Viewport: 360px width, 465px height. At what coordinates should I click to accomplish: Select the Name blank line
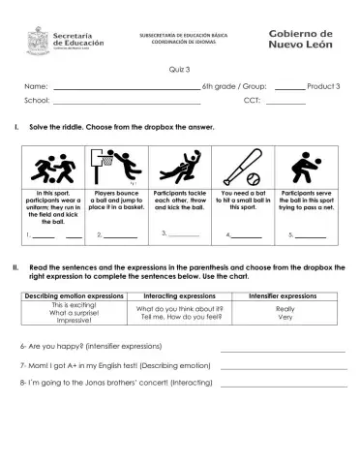tap(124, 89)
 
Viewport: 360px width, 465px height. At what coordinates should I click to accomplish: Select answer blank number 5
tap(312, 235)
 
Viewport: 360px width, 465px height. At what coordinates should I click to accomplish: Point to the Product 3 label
tap(322, 88)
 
